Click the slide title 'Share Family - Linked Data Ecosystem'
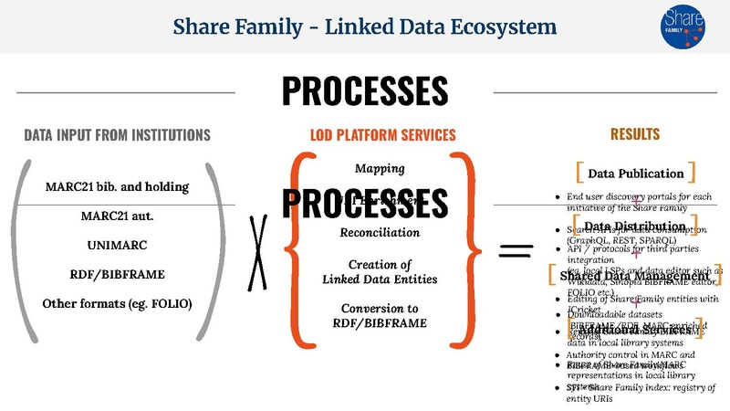[365, 26]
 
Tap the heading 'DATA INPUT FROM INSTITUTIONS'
[117, 135]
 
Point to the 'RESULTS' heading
[635, 134]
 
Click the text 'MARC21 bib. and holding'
[117, 186]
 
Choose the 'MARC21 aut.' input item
[117, 217]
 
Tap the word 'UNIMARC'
[117, 247]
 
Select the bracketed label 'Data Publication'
[636, 173]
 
